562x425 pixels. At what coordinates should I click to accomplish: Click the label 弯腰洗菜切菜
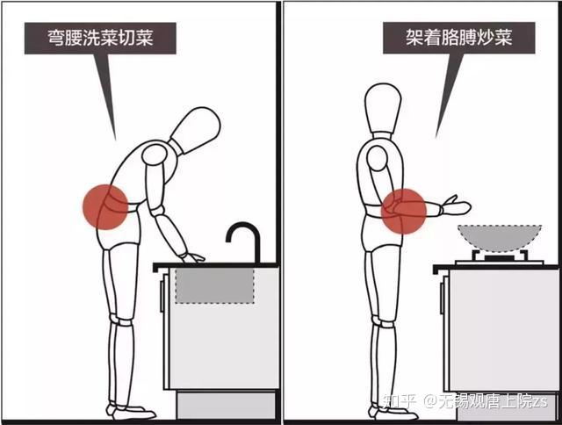[x=100, y=38]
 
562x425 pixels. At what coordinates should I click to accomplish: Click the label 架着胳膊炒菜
[x=458, y=37]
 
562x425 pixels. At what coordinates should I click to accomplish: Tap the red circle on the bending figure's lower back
[x=105, y=206]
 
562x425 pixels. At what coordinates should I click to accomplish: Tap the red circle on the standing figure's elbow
[x=404, y=211]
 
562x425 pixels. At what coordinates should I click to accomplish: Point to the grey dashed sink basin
[x=214, y=285]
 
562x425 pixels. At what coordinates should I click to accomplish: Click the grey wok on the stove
[x=500, y=238]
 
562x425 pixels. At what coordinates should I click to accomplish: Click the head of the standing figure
[x=383, y=108]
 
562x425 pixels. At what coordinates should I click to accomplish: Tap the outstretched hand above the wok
[x=456, y=205]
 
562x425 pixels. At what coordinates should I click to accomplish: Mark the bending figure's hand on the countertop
[x=192, y=257]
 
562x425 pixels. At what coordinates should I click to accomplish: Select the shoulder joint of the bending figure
[x=155, y=155]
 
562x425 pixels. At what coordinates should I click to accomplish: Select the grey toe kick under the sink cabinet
[x=227, y=405]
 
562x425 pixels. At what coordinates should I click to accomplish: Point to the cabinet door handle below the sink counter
[x=162, y=296]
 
